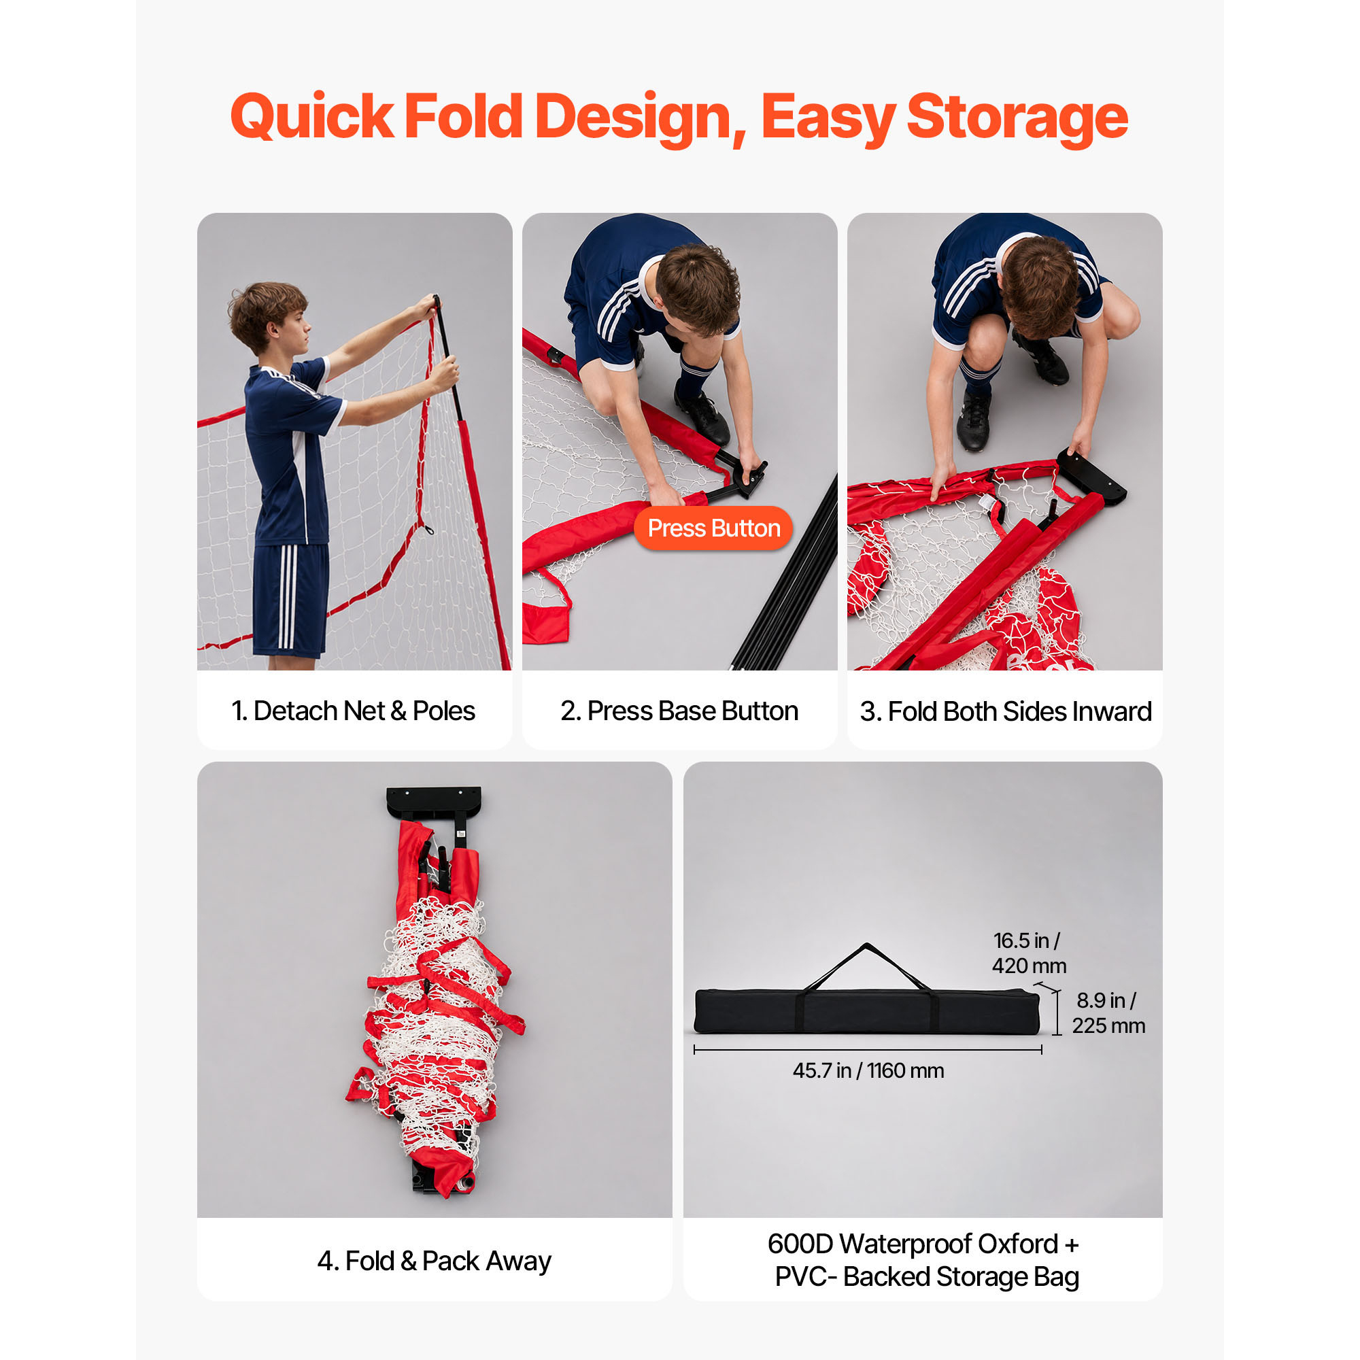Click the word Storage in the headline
click(1017, 118)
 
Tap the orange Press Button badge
click(713, 528)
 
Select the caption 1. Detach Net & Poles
click(354, 711)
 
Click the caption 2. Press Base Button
click(679, 711)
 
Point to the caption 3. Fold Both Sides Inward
click(1005, 712)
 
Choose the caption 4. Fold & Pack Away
click(435, 1261)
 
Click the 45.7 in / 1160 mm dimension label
click(868, 1071)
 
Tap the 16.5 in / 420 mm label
click(1028, 953)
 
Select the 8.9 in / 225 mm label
click(1108, 1013)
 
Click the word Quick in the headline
click(312, 116)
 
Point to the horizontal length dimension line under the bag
click(867, 1049)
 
